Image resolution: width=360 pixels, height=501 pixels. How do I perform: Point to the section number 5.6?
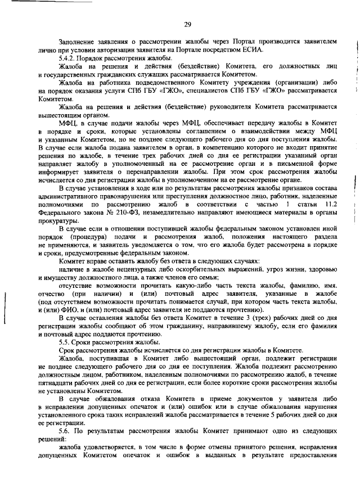pos(67,430)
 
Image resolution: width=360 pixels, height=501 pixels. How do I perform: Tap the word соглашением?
pos(186,130)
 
